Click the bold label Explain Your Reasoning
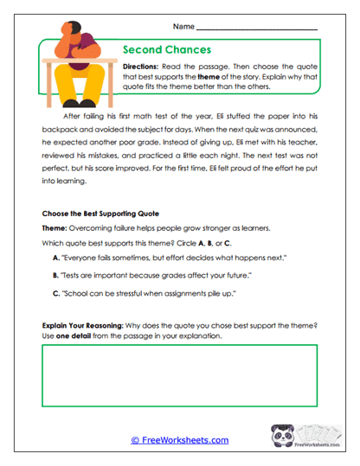[86, 326]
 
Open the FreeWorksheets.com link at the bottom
[179, 440]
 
